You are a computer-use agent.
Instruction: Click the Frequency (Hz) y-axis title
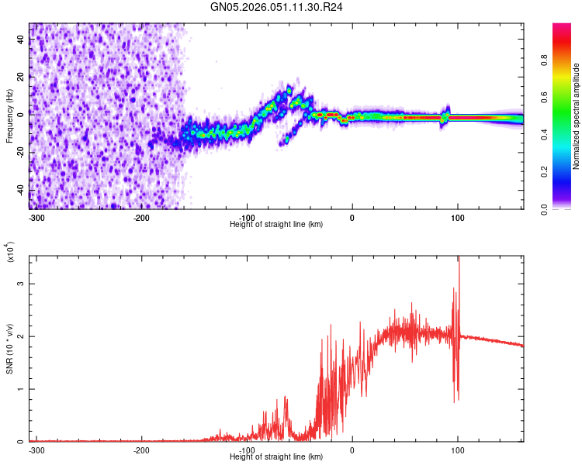pyautogui.click(x=9, y=115)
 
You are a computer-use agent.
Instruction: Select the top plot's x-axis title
pyautogui.click(x=276, y=224)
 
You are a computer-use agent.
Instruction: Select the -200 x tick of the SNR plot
pyautogui.click(x=141, y=450)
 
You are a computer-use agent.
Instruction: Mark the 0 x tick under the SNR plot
pyautogui.click(x=352, y=450)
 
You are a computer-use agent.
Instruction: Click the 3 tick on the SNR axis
pyautogui.click(x=22, y=284)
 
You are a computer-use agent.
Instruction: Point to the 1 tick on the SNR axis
pyautogui.click(x=22, y=389)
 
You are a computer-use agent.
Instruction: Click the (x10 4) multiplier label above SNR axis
pyautogui.click(x=9, y=253)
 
